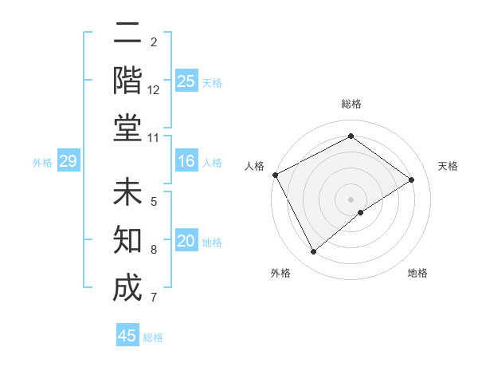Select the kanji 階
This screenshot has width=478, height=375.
pos(127,80)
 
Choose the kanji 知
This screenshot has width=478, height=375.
pos(127,240)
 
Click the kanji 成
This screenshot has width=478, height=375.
pos(127,287)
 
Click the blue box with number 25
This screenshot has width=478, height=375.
pos(186,81)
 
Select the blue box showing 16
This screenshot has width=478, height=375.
pos(186,162)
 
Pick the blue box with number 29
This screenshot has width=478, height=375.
pos(68,162)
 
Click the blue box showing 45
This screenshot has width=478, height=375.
pos(127,336)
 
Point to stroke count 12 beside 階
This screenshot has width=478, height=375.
pos(154,90)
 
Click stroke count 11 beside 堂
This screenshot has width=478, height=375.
pos(154,138)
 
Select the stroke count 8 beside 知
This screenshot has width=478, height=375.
pos(154,250)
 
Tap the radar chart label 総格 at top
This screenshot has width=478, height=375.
pos(351,104)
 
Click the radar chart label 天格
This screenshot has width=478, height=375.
pos(449,166)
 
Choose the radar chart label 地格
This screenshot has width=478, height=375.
pos(417,273)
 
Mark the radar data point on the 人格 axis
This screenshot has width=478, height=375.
pos(275,175)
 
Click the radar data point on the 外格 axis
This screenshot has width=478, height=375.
pos(313,252)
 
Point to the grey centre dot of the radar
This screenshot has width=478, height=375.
pos(351,199)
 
